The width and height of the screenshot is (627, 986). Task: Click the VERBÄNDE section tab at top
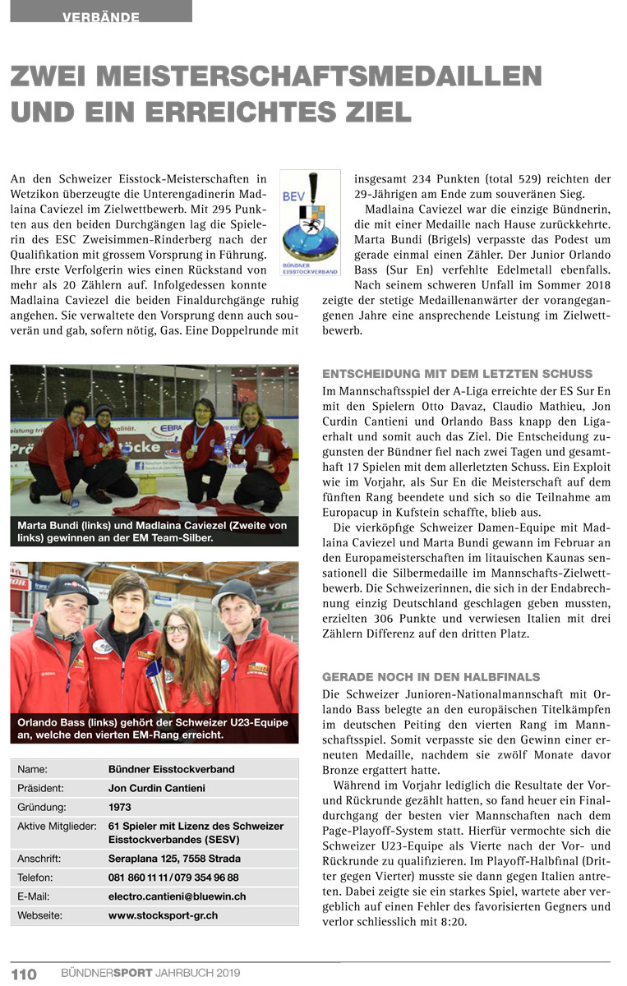(x=100, y=16)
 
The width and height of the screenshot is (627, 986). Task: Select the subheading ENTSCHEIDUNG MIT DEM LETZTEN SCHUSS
(x=457, y=374)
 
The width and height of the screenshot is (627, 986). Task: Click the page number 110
(x=24, y=974)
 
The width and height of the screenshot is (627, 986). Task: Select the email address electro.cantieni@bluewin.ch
(x=177, y=896)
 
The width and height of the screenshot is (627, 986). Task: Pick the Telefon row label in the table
(x=37, y=878)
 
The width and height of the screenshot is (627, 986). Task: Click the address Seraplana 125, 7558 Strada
(x=174, y=859)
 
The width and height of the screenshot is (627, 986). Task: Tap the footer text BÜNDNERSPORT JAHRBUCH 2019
(x=150, y=974)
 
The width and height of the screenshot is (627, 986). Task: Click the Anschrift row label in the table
(x=41, y=859)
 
